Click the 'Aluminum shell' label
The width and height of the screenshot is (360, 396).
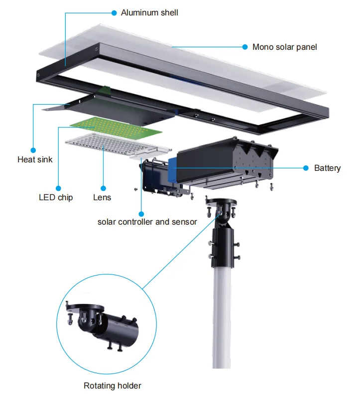[x=149, y=12]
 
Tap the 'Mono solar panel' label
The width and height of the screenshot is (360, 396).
[x=284, y=47]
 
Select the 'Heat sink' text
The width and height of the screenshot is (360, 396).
[x=35, y=160]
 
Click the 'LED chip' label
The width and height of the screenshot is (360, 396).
[x=56, y=197]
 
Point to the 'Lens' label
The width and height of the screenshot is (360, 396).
[x=102, y=197]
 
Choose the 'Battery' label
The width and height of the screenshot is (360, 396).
[x=327, y=168]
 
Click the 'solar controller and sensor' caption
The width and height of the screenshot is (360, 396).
[x=147, y=221]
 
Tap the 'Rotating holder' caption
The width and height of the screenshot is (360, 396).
[x=112, y=386]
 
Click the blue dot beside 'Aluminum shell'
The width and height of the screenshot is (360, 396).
[x=114, y=12]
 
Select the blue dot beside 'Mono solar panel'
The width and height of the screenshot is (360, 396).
[x=245, y=47]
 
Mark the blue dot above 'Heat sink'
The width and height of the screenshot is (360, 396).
[x=33, y=149]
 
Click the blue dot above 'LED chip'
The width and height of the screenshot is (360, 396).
[x=58, y=188]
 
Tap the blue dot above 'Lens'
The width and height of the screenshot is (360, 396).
[x=103, y=188]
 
